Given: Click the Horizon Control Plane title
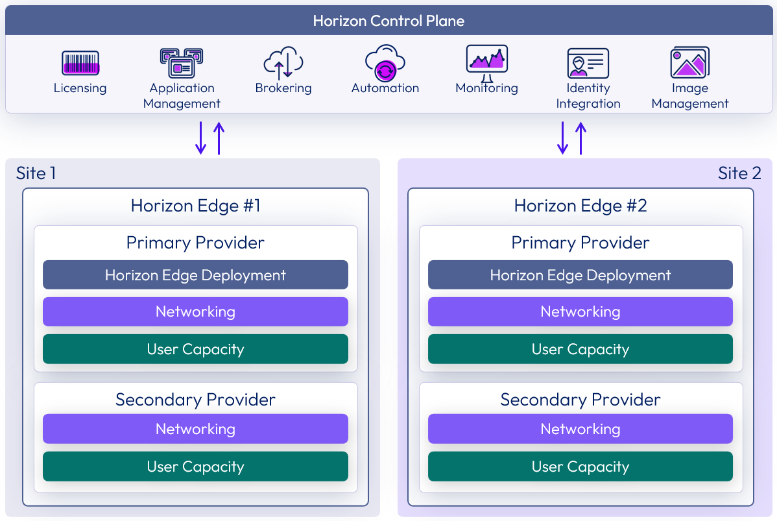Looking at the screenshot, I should click(388, 21).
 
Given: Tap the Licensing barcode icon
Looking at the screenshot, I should click(80, 63).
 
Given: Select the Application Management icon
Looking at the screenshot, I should click(182, 63).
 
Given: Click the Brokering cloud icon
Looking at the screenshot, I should click(283, 63).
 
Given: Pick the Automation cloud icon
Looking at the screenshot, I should click(385, 62).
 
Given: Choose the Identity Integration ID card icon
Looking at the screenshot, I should click(588, 63).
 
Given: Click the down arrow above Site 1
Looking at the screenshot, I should click(201, 138).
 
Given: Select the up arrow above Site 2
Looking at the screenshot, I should click(580, 138).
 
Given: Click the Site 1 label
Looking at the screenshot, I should click(36, 173).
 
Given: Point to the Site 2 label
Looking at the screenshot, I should click(739, 173).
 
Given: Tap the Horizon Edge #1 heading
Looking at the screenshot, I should click(195, 206).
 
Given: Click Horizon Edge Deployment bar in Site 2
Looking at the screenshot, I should click(580, 275).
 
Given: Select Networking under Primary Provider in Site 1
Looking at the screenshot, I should click(195, 311).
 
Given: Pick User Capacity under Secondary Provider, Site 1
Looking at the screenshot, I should click(195, 466).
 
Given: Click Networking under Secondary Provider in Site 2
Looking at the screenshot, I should click(580, 429).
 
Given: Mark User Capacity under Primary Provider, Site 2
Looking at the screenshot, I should click(580, 349).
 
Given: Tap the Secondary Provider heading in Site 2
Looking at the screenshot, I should click(580, 399).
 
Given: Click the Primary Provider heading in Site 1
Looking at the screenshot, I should click(195, 243).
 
